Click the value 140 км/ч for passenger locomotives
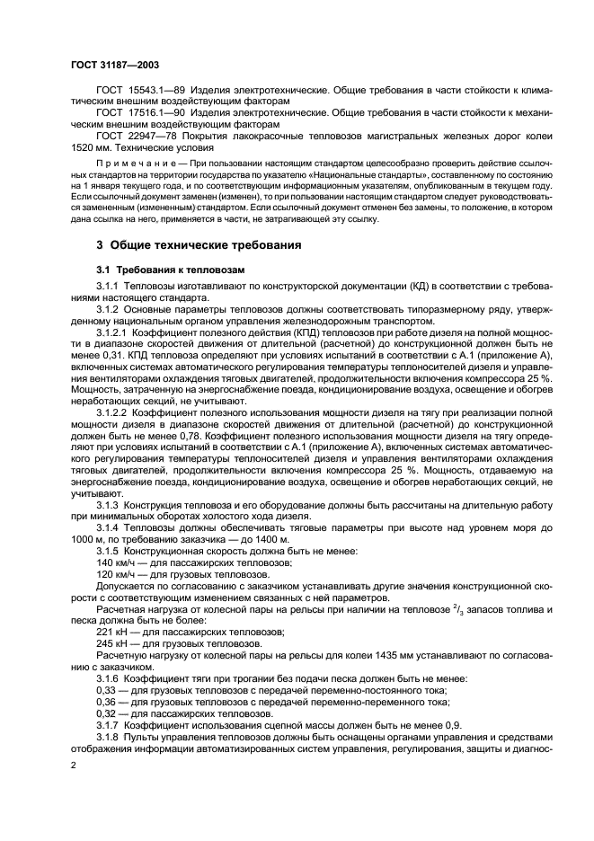(x=114, y=563)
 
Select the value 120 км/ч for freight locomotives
(x=114, y=574)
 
